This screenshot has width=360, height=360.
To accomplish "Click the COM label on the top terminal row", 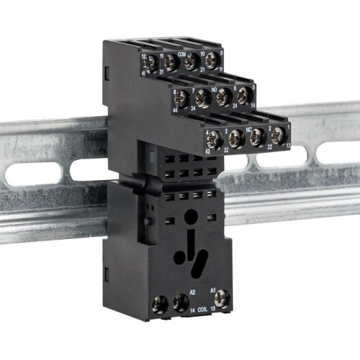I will [x=182, y=52].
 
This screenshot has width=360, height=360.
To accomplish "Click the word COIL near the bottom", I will [x=203, y=311].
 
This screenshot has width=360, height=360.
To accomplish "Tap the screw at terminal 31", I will [x=170, y=62].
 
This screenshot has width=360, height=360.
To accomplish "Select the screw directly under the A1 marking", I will [x=221, y=298].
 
